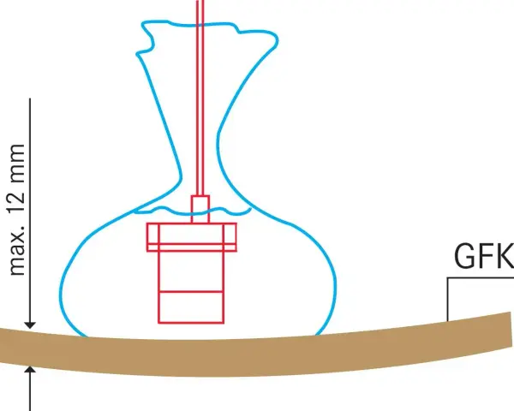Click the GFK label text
pos(484,256)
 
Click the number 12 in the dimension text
pos(17,193)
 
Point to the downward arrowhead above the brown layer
pos(30,325)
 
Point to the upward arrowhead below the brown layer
pos(30,371)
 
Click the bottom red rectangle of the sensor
pos(191,307)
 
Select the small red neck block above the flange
pos(200,210)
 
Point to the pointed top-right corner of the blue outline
pos(277,40)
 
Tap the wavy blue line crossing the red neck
pos(193,211)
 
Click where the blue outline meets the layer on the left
pos(86,336)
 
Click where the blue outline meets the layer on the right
pos(317,335)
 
